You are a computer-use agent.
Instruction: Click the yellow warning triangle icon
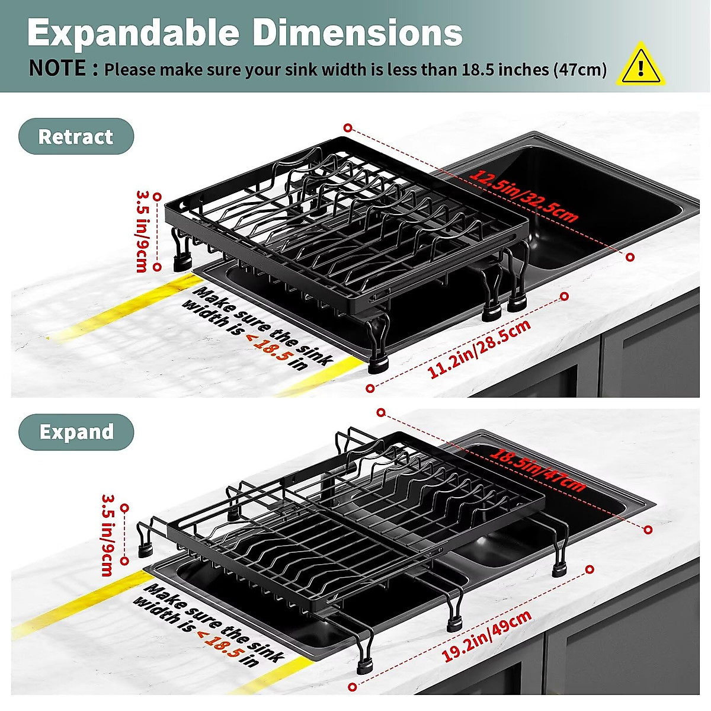coord(640,65)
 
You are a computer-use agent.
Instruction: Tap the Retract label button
coord(76,137)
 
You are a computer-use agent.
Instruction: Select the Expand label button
coord(76,432)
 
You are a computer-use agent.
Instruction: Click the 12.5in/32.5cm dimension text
coord(524,196)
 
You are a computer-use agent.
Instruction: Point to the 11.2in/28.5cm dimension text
coord(479,349)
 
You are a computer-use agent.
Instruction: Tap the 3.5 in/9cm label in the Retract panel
coord(142,230)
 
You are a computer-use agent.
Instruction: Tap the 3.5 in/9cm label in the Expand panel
coord(107,535)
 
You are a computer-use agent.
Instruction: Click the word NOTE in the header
coord(57,69)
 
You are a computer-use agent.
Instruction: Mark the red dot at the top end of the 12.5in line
coord(348,127)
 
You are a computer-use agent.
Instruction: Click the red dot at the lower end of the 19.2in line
coord(353,687)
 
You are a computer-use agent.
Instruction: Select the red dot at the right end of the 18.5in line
coord(648,530)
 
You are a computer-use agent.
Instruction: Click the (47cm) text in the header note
coord(580,70)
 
